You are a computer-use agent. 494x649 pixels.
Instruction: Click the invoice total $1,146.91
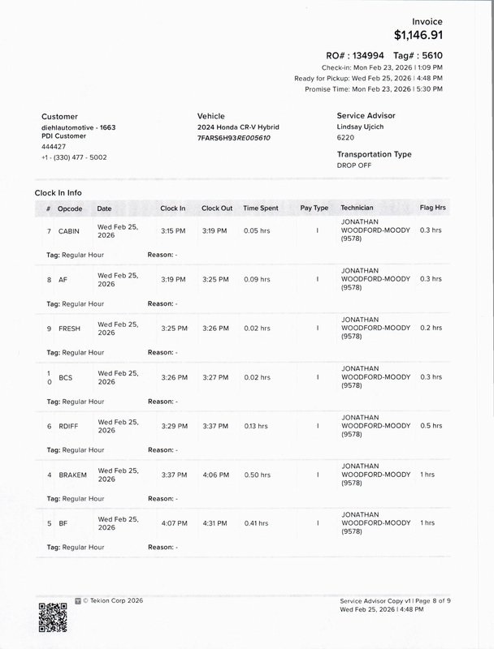[x=418, y=35]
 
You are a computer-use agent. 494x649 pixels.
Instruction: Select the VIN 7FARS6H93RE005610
[x=234, y=138]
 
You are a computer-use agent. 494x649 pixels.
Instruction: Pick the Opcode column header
[x=70, y=208]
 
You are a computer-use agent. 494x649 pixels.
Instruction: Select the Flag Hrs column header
[x=432, y=208]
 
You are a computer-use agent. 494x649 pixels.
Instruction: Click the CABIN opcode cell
[x=70, y=231]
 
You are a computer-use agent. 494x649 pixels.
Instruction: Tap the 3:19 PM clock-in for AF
[x=173, y=279]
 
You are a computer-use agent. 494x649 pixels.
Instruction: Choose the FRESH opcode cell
[x=71, y=329]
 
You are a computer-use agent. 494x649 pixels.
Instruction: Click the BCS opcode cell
[x=66, y=377]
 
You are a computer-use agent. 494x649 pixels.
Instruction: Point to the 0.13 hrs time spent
[x=256, y=426]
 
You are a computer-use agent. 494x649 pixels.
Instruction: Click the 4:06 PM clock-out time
[x=215, y=475]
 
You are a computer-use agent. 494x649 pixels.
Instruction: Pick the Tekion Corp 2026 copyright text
[x=114, y=600]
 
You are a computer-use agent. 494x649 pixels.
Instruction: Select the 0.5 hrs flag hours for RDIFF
[x=431, y=426]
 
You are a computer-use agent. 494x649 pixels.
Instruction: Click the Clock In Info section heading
[x=58, y=193]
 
